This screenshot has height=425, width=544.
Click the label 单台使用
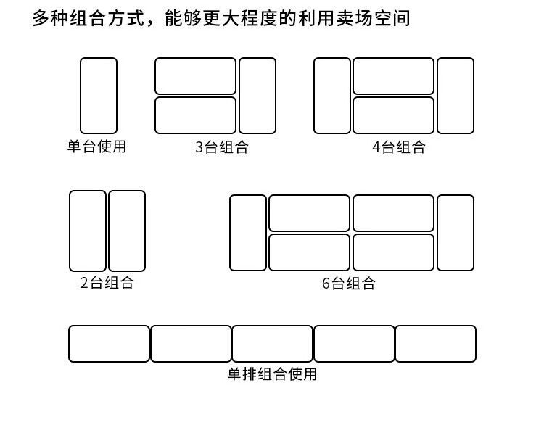coord(96,147)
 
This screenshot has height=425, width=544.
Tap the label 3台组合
coord(221,147)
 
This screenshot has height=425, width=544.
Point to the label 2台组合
coord(107,283)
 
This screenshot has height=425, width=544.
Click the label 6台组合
coord(348,284)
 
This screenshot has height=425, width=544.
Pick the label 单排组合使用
coord(272,374)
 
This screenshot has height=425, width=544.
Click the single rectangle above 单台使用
coord(98,96)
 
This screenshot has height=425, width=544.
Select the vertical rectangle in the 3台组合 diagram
coord(257,96)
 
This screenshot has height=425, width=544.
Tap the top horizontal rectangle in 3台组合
coord(196,76)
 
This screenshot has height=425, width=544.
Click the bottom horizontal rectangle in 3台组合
coord(196,115)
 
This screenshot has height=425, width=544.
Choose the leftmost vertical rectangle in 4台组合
coord(332,96)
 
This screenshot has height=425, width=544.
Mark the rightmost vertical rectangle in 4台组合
coord(456,96)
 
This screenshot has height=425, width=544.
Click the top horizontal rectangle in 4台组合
coord(393,76)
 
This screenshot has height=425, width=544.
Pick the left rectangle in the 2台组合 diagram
coord(88,231)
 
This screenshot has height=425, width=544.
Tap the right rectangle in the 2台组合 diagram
coord(127,231)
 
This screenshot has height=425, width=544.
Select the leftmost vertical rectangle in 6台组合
coord(248,233)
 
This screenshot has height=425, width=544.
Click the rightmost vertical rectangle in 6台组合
coord(456,233)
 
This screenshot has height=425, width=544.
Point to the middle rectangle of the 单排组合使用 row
coord(273,344)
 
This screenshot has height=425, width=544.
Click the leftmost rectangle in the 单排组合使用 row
coord(109,344)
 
